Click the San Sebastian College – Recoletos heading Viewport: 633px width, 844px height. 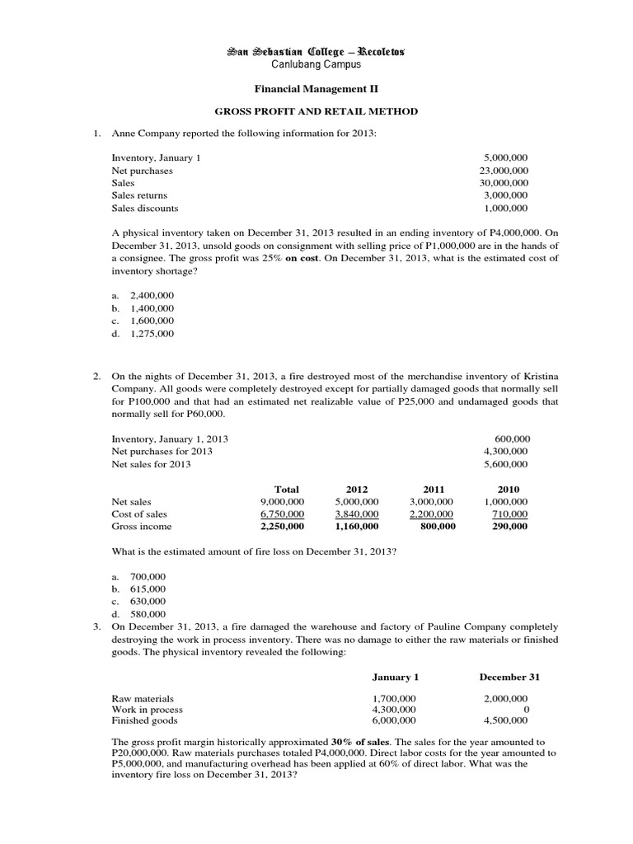click(x=316, y=52)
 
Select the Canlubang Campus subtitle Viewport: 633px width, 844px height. click(x=316, y=65)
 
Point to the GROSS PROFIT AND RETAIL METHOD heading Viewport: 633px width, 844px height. click(x=316, y=111)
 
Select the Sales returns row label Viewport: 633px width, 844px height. click(x=139, y=195)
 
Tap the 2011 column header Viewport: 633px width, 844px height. click(x=433, y=489)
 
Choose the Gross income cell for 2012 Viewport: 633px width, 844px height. click(x=357, y=526)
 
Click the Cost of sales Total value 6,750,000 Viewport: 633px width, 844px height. click(x=282, y=513)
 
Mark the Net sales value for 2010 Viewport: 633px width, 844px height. click(x=507, y=501)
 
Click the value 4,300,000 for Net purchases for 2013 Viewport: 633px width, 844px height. click(x=506, y=452)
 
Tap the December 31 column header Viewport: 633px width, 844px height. click(x=508, y=677)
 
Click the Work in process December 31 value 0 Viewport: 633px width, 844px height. click(x=525, y=709)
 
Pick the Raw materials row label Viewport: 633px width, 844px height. click(x=143, y=697)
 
